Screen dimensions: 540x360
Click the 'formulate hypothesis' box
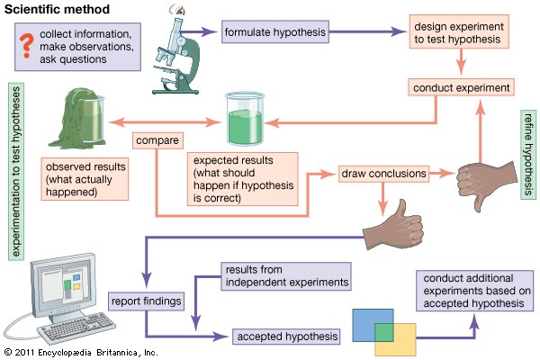pos(275,31)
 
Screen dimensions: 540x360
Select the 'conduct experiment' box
pos(461,87)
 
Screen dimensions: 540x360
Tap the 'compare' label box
pos(157,140)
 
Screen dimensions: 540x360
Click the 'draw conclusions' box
pos(383,174)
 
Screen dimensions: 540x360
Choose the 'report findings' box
pos(146,301)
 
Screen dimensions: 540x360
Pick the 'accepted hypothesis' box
pos(286,337)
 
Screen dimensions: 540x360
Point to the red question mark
pos(26,46)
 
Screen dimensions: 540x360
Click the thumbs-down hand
pos(486,184)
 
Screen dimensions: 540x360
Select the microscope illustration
pos(176,55)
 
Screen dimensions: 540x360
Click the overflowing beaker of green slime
pos(77,118)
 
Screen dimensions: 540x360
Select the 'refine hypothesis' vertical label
pos(528,155)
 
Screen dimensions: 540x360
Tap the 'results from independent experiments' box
pos(286,276)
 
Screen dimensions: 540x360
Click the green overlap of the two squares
pos(384,332)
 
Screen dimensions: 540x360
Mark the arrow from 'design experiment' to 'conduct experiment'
pos(461,62)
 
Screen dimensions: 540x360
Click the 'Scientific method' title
pos(58,9)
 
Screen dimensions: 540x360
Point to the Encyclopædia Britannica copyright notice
pos(81,353)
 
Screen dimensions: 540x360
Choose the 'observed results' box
pos(85,179)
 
